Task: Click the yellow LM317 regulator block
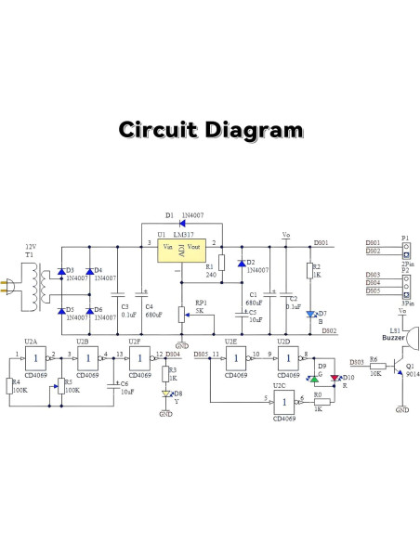point(181,253)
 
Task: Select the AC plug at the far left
point(8,284)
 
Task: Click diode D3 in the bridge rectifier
point(60,272)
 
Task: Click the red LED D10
point(335,379)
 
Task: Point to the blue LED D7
point(309,315)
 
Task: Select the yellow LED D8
point(166,394)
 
